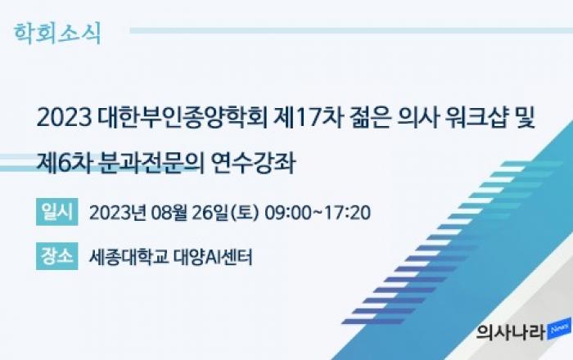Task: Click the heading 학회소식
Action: pos(57,34)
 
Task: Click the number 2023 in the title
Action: pos(64,118)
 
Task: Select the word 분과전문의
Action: pos(151,163)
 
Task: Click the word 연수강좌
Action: pos(253,163)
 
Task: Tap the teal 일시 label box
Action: pos(57,212)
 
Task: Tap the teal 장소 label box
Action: pos(57,256)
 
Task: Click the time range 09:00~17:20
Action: pos(318,213)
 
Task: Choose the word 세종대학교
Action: pos(129,257)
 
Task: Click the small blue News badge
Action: pos(559,328)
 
